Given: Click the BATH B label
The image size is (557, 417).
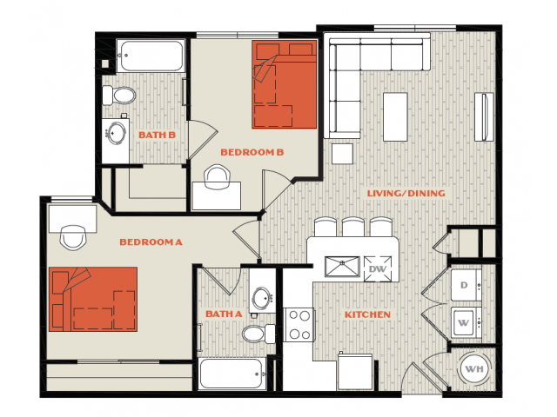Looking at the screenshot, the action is (x=157, y=136).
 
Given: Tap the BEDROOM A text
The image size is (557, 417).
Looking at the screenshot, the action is (x=151, y=242).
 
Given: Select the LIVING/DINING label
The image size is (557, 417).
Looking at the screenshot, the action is (x=406, y=193).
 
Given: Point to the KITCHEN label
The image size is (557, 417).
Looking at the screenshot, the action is (x=367, y=314).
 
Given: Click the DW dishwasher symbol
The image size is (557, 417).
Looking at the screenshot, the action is (x=377, y=268).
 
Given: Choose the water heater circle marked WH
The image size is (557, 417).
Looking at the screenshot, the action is (x=474, y=369).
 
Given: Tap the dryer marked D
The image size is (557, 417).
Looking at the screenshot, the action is (x=466, y=286).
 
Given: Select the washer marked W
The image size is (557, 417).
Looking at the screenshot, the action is (x=466, y=322).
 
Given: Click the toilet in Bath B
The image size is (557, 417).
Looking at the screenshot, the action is (x=119, y=96).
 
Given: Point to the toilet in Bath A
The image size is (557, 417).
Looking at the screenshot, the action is (x=258, y=334).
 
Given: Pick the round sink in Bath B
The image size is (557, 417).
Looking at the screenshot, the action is (x=117, y=133).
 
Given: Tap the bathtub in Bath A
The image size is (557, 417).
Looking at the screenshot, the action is (x=232, y=374).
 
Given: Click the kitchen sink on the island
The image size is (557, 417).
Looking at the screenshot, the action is (x=342, y=267).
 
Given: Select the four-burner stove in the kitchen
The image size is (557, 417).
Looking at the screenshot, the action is (x=299, y=324).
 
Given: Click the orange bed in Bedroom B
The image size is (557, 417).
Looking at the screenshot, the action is (x=285, y=84).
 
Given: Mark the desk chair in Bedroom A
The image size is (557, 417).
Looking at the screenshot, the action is (x=73, y=237).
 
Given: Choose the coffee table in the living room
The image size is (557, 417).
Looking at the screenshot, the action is (x=395, y=117).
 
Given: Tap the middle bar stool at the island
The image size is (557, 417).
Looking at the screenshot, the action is (x=352, y=227).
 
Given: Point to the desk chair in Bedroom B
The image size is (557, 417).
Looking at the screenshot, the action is (x=217, y=176).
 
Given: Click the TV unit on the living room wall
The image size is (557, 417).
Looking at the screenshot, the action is (x=484, y=117).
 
